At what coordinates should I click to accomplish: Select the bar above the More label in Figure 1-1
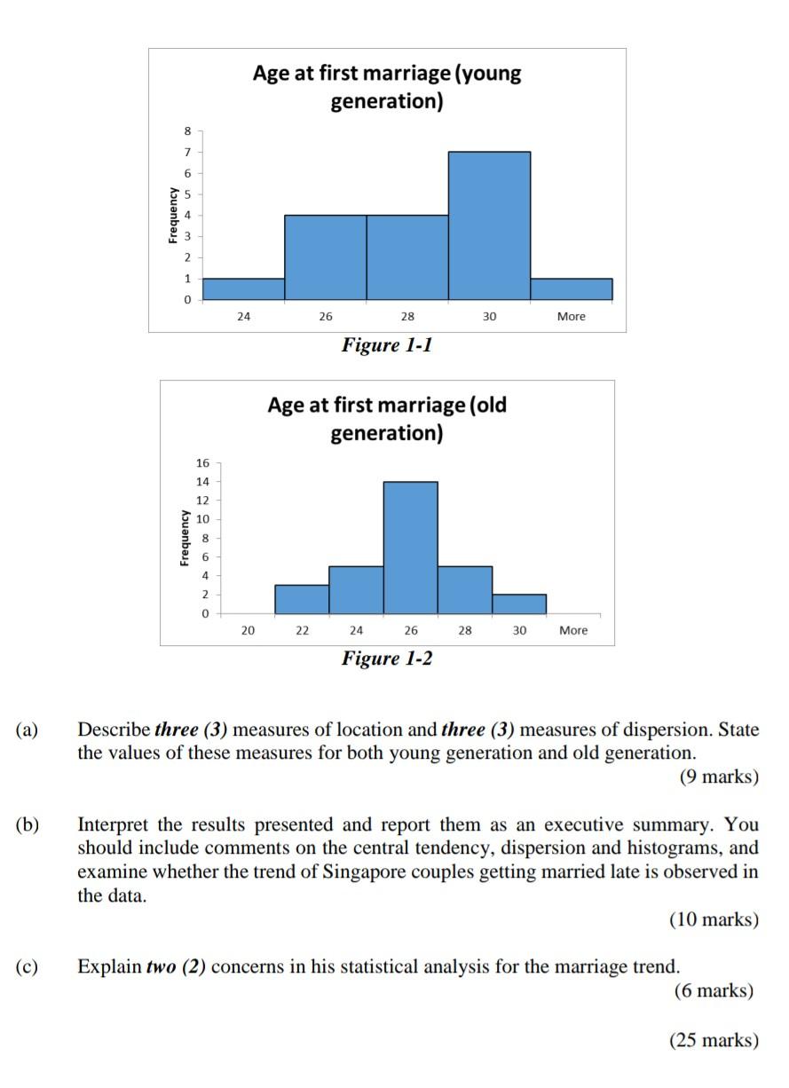click(x=571, y=290)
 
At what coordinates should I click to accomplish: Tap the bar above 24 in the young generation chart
click(x=243, y=290)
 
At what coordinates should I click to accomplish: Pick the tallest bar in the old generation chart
click(x=410, y=547)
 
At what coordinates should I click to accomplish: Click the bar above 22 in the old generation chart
click(x=302, y=598)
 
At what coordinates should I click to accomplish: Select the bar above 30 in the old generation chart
click(x=519, y=603)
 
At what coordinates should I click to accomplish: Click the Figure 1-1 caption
click(x=387, y=345)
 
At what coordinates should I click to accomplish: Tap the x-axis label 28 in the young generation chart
click(x=407, y=317)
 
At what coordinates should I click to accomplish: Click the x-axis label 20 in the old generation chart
click(x=248, y=630)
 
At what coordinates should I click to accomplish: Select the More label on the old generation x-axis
click(x=573, y=630)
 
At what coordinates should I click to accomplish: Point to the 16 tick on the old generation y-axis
click(x=202, y=463)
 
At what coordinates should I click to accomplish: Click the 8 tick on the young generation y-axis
click(x=187, y=130)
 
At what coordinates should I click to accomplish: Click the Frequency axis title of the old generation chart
click(x=184, y=538)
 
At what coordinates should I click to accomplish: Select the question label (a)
click(x=27, y=730)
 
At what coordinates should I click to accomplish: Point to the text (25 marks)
click(x=714, y=1040)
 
